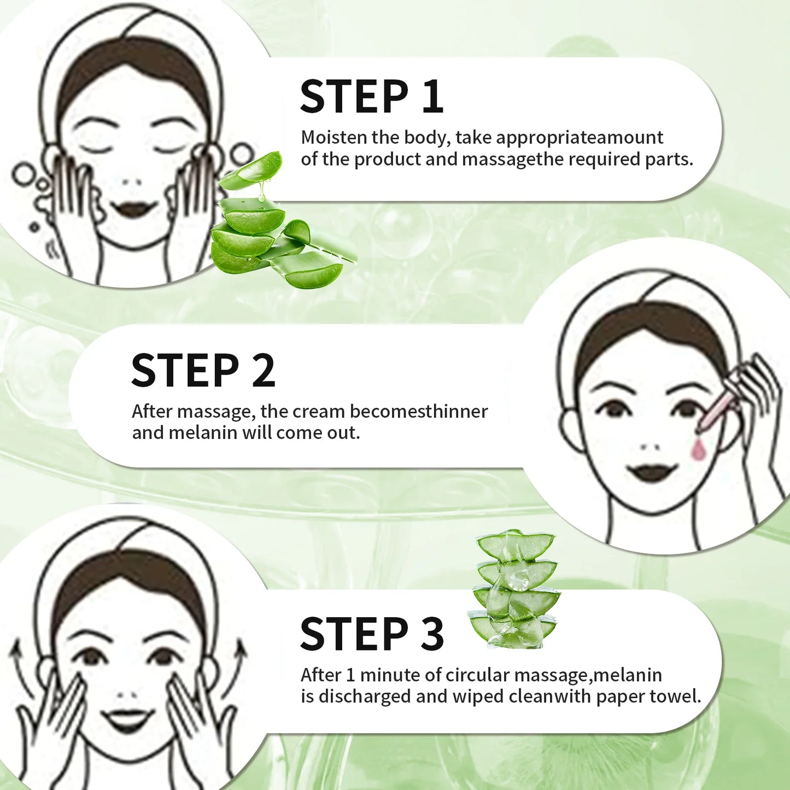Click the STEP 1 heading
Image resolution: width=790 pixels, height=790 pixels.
[x=371, y=97]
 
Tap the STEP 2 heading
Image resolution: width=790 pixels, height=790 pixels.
[x=203, y=371]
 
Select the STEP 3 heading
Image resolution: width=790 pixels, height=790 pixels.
[x=371, y=634]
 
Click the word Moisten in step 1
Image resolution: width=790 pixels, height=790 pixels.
[x=334, y=137]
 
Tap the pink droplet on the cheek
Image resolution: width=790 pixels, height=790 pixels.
[x=698, y=449]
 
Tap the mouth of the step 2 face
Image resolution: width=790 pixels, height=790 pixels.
[x=652, y=472]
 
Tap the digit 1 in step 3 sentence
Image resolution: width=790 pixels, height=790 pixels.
[x=350, y=675]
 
